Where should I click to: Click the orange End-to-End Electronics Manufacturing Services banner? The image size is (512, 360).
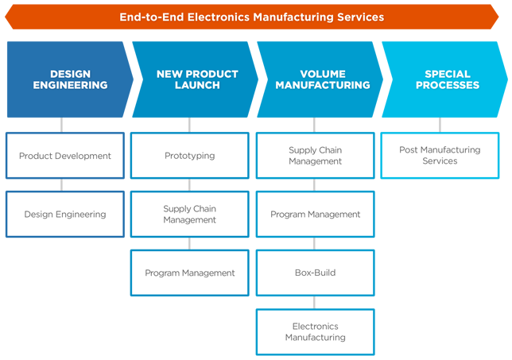click(x=252, y=17)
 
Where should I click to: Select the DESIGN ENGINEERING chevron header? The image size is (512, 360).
click(x=70, y=79)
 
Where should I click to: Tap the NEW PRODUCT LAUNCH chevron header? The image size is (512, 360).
click(x=196, y=79)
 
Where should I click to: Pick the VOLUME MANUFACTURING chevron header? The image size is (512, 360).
click(x=320, y=79)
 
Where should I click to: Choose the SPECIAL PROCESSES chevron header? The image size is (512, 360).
click(x=444, y=79)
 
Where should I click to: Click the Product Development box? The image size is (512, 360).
click(x=65, y=155)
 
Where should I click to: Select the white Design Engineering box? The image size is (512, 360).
click(x=65, y=214)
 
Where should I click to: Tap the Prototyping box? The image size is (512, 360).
click(x=190, y=155)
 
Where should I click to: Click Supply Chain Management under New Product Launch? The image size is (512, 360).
click(x=190, y=214)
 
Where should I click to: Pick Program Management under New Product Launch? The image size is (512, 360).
click(x=190, y=273)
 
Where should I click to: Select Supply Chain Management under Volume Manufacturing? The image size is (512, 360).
click(x=316, y=155)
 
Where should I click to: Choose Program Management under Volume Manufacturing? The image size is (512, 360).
click(x=316, y=214)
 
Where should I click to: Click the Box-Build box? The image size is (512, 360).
click(x=316, y=273)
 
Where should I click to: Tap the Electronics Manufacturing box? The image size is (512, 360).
click(x=316, y=331)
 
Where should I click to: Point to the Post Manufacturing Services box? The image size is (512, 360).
click(x=440, y=155)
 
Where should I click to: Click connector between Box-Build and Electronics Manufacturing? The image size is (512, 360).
click(x=315, y=302)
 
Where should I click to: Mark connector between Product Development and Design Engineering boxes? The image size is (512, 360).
click(x=62, y=184)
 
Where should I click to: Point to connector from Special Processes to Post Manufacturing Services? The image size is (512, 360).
click(x=440, y=125)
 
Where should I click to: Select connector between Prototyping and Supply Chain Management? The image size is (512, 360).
click(x=189, y=184)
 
